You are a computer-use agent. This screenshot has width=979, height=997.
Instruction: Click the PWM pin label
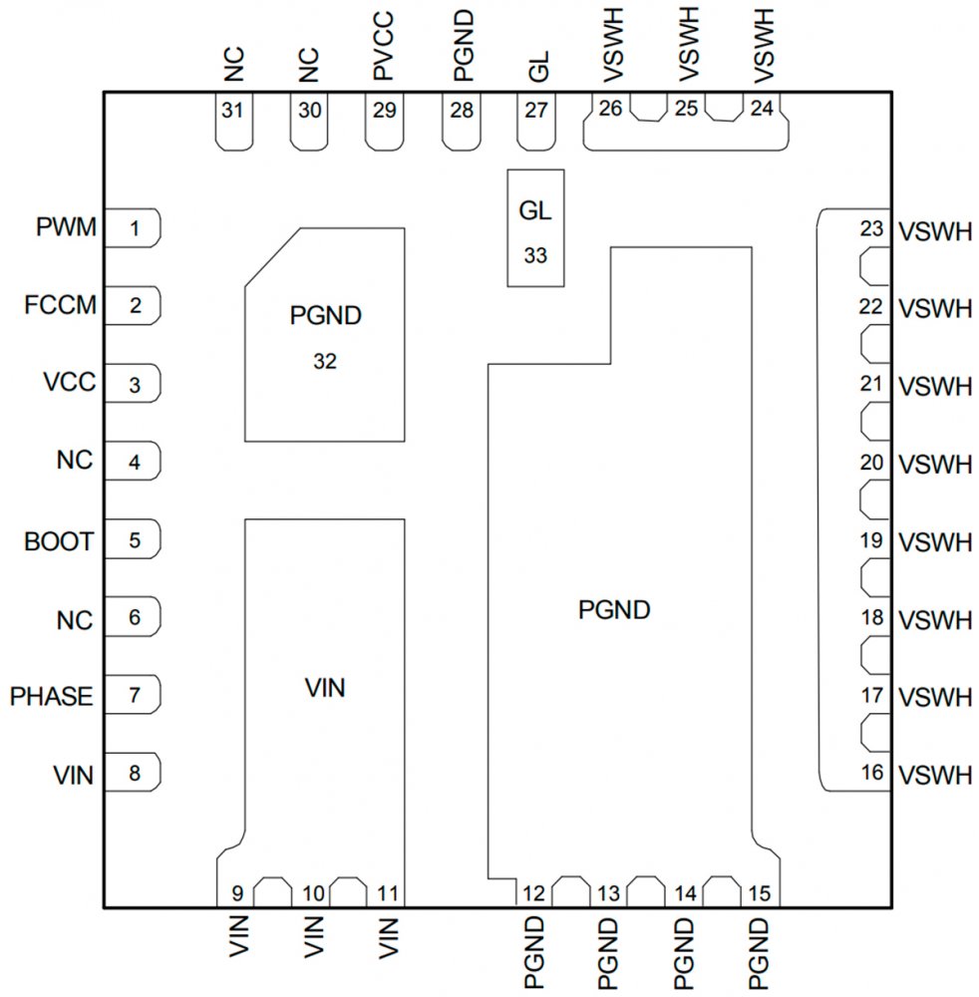[66, 229]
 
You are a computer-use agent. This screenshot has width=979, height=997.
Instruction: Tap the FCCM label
[61, 306]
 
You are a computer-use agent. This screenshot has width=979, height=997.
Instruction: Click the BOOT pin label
[59, 542]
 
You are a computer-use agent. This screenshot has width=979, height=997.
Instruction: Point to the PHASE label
[51, 696]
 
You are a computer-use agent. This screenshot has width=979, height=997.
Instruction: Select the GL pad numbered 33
[535, 229]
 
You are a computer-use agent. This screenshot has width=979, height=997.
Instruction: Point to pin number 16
[871, 773]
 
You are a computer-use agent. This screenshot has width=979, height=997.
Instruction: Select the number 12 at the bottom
[532, 893]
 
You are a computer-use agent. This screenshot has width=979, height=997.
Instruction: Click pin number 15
[758, 893]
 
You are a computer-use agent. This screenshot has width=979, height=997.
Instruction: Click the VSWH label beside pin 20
[934, 465]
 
